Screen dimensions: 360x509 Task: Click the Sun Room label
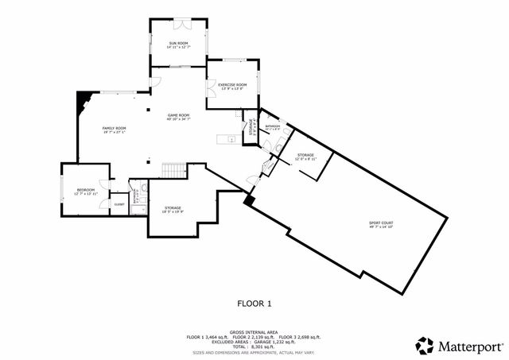click(x=178, y=43)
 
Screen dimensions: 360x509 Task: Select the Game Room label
click(x=177, y=116)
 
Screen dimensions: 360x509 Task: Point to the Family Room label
click(x=115, y=128)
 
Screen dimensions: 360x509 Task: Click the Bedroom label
click(x=84, y=190)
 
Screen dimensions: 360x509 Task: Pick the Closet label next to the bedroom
click(x=119, y=204)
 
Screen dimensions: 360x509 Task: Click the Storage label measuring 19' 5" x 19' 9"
click(x=173, y=208)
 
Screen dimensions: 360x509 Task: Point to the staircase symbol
click(x=173, y=170)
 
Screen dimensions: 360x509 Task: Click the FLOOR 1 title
click(x=254, y=303)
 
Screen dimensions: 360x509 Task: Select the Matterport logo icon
click(x=425, y=346)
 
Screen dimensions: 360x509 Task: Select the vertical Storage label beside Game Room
click(x=251, y=129)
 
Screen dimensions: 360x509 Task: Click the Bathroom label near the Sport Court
click(x=272, y=126)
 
